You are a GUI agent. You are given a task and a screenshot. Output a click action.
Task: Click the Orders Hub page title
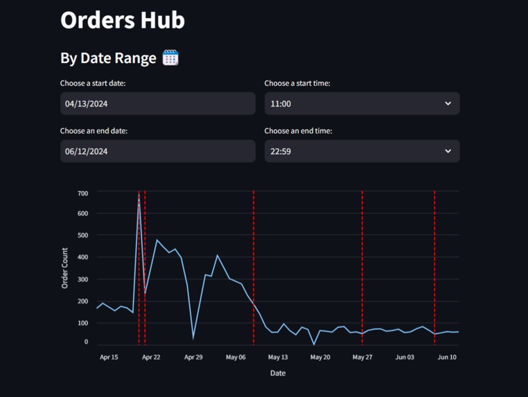click(123, 20)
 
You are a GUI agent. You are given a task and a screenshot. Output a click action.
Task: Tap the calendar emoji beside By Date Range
click(170, 58)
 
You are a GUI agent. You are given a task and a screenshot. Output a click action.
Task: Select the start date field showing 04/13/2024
click(157, 104)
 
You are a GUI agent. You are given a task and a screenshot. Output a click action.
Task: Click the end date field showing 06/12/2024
click(157, 151)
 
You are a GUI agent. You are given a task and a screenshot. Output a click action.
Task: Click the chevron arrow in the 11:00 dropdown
click(448, 104)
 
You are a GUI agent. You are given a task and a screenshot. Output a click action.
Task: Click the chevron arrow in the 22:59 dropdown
click(448, 151)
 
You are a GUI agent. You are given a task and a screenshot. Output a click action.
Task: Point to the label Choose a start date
click(93, 83)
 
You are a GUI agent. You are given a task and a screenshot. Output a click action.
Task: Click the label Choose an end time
click(298, 131)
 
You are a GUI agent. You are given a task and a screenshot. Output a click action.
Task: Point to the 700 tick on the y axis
click(83, 193)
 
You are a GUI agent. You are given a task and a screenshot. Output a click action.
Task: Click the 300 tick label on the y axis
click(83, 279)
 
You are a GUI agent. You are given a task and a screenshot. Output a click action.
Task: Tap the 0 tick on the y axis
click(87, 342)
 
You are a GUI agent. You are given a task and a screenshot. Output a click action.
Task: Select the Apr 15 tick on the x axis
click(109, 358)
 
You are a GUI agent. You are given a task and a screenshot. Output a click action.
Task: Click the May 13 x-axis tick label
click(278, 358)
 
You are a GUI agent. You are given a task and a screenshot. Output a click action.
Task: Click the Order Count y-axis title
click(65, 268)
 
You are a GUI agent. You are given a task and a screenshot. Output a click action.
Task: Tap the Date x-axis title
click(278, 373)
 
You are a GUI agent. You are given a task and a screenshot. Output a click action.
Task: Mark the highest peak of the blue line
click(139, 197)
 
